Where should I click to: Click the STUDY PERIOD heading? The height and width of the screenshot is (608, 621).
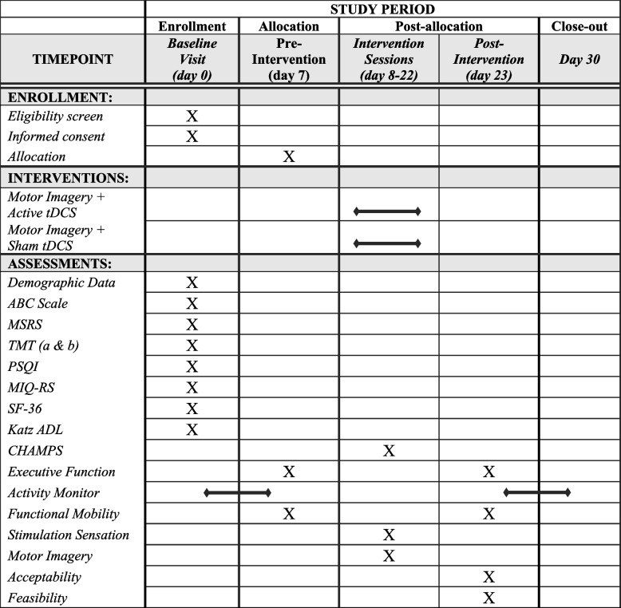click(382, 9)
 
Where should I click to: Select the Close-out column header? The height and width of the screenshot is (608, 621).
click(579, 26)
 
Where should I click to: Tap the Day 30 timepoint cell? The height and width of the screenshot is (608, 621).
click(579, 59)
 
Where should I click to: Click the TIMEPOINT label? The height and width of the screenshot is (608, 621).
click(73, 59)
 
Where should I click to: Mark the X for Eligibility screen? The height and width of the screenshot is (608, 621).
click(192, 116)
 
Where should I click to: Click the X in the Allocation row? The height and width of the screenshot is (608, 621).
click(289, 156)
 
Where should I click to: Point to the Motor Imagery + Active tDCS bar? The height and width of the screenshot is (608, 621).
click(387, 211)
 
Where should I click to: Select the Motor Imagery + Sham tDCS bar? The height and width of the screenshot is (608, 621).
click(387, 243)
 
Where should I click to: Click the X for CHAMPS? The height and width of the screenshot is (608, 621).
click(389, 451)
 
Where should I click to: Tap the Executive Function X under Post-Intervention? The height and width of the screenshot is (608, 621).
click(488, 472)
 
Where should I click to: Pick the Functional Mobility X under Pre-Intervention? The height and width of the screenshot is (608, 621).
click(289, 513)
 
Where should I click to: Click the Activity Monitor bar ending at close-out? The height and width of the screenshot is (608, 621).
click(536, 492)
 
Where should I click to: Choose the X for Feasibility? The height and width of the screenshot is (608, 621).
click(488, 598)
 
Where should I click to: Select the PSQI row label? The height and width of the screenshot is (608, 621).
click(25, 366)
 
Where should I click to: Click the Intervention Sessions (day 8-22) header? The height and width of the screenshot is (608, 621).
click(389, 59)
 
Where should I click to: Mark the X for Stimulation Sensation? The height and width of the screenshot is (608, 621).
click(389, 535)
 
